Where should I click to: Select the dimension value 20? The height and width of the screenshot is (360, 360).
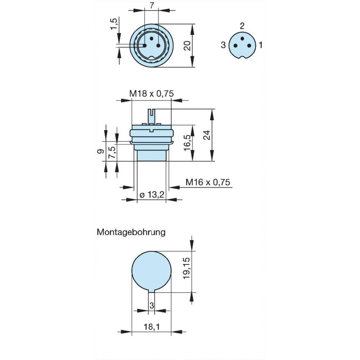pyautogui.click(x=186, y=45)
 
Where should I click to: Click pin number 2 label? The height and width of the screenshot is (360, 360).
pyautogui.click(x=242, y=26)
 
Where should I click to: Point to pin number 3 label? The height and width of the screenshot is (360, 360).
pyautogui.click(x=223, y=45)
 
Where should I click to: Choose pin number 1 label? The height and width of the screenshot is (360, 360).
pyautogui.click(x=261, y=45)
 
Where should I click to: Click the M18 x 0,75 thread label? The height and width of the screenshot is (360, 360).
pyautogui.click(x=152, y=94)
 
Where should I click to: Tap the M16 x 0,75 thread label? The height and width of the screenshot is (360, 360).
pyautogui.click(x=208, y=182)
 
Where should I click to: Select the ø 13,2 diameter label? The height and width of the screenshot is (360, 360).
pyautogui.click(x=152, y=195)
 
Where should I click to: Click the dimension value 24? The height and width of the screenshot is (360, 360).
pyautogui.click(x=206, y=135)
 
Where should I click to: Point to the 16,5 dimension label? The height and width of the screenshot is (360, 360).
pyautogui.click(x=186, y=143)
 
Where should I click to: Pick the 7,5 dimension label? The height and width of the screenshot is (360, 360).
pyautogui.click(x=112, y=153)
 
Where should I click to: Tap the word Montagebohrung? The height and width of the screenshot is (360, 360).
pyautogui.click(x=131, y=232)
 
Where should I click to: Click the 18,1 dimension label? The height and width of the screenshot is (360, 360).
pyautogui.click(x=152, y=327)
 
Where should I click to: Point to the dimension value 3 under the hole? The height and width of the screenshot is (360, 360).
pyautogui.click(x=152, y=305)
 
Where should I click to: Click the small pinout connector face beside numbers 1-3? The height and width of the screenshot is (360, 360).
pyautogui.click(x=242, y=46)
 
